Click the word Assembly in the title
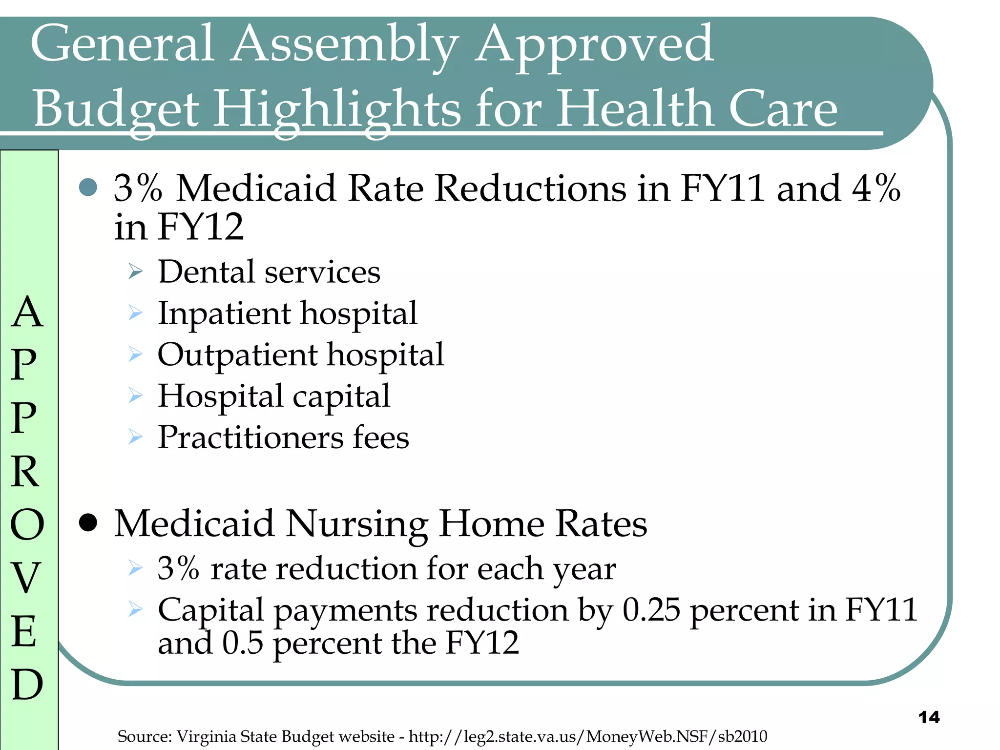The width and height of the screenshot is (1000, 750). (x=344, y=45)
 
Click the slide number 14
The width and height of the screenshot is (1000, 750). (x=929, y=717)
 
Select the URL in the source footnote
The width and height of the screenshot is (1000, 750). (x=587, y=736)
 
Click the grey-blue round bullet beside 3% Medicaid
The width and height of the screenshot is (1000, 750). (x=88, y=187)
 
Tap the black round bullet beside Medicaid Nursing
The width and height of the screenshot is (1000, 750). (x=88, y=523)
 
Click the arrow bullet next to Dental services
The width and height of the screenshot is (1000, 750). (x=135, y=271)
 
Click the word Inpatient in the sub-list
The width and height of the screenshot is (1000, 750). (x=224, y=313)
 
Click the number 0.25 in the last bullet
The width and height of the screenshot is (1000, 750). (x=651, y=610)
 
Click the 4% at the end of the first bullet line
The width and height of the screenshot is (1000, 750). (x=876, y=188)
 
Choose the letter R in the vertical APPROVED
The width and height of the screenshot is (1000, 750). (x=25, y=472)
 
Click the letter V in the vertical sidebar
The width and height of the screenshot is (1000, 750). (x=25, y=578)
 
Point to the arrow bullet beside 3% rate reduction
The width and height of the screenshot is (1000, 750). (x=135, y=568)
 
